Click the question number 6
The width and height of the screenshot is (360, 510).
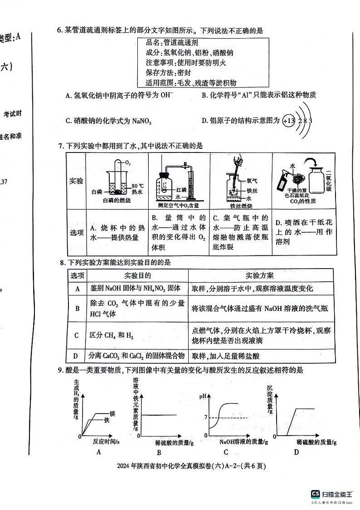tap(59, 31)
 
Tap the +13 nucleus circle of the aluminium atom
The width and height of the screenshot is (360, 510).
tap(288, 121)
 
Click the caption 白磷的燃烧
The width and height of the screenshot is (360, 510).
tap(117, 201)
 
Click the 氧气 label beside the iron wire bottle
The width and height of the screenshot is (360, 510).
tap(252, 180)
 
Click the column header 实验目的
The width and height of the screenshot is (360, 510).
tap(137, 275)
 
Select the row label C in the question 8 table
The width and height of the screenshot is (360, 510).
tap(77, 335)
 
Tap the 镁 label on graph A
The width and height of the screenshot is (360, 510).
tap(107, 413)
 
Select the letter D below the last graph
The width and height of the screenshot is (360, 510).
tap(296, 451)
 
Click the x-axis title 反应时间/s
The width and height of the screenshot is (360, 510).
tap(106, 441)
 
